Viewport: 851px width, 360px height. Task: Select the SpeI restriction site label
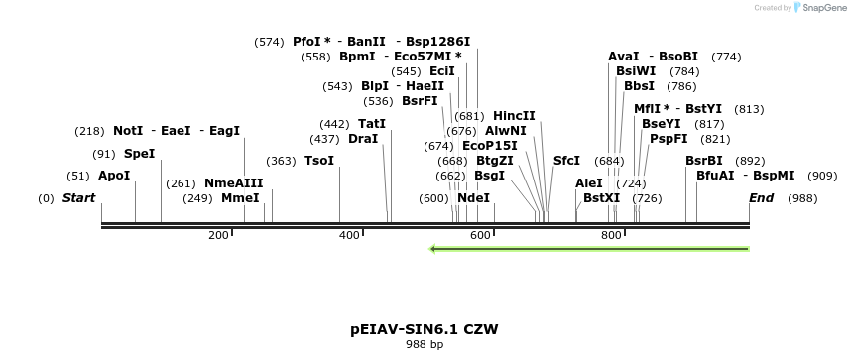tap(139, 154)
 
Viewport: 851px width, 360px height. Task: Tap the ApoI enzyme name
tap(114, 176)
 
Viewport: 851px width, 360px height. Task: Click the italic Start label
tap(79, 198)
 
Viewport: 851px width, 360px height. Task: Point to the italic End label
tap(761, 198)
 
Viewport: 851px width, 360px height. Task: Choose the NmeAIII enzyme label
tap(234, 183)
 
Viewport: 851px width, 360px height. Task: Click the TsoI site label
tap(319, 161)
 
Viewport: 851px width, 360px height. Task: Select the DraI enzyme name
tap(363, 139)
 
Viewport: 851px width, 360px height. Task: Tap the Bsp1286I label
tap(437, 42)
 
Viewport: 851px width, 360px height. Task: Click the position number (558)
tap(318, 57)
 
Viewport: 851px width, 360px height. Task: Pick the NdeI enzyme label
tap(474, 198)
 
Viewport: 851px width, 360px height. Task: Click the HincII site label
tap(514, 116)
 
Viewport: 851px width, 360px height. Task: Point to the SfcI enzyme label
tap(566, 161)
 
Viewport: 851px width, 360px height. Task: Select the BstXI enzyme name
tap(601, 198)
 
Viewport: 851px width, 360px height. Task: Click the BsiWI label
tap(636, 71)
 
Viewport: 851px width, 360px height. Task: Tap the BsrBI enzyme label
tap(704, 161)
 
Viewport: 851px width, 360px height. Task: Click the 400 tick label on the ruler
tap(349, 235)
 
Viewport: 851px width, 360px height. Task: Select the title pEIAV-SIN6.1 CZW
tap(425, 328)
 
